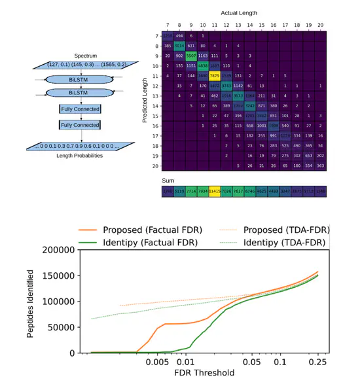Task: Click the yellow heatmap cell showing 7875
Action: click(214, 76)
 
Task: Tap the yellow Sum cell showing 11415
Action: click(214, 191)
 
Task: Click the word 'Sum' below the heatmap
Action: click(168, 179)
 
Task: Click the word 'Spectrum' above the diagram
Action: click(85, 56)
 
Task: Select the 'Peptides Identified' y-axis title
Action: click(31, 302)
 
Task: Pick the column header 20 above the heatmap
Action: click(320, 25)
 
